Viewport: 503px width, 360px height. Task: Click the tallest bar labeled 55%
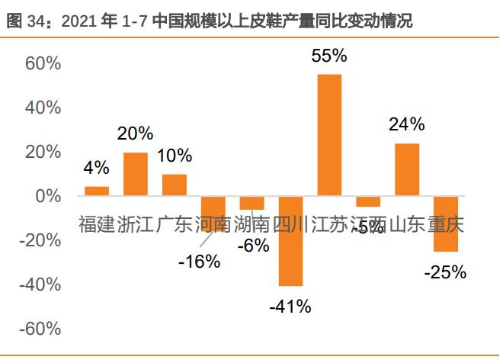tap(329, 135)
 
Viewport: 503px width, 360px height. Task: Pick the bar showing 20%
tap(136, 174)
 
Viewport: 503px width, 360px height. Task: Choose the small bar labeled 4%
tap(97, 191)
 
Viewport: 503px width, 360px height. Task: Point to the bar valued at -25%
tap(446, 223)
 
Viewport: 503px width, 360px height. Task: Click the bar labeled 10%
tap(175, 185)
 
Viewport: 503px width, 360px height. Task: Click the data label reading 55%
tap(329, 56)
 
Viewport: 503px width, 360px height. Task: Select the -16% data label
tap(199, 262)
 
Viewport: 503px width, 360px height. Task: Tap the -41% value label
tap(290, 307)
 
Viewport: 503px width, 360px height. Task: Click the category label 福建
tap(97, 225)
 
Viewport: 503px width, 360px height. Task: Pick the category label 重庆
tap(446, 225)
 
